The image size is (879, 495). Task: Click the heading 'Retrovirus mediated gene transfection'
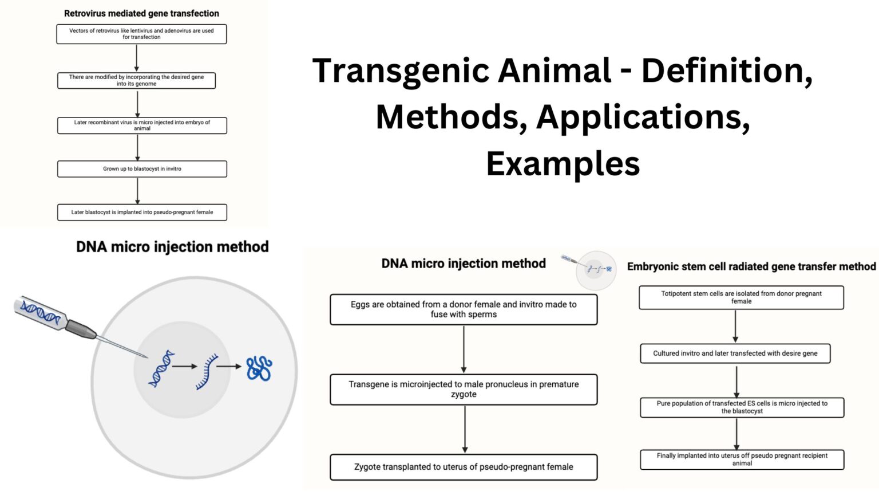pos(141,13)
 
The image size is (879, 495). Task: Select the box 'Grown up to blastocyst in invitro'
pos(142,169)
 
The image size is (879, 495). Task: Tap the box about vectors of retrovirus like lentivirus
pos(141,34)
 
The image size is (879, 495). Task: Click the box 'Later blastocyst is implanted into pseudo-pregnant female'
pos(142,212)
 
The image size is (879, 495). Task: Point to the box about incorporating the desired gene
pos(136,80)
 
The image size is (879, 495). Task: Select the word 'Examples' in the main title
pos(563,164)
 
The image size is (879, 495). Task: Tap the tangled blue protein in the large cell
pos(259,368)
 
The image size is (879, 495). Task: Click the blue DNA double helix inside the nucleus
pos(161,368)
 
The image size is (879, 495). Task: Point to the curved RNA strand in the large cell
pos(207,371)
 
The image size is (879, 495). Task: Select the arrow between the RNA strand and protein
pos(229,367)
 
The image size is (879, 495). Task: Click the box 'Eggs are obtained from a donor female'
pos(464,309)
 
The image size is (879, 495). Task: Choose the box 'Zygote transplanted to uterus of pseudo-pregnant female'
pos(464,467)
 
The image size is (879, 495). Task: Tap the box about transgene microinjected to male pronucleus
pos(464,390)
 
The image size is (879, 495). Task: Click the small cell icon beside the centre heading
pos(596,269)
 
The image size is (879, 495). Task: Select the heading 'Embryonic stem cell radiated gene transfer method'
pos(751,266)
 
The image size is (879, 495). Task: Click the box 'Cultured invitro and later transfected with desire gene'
pos(735,353)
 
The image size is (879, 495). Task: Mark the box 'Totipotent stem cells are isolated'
pos(741,297)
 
